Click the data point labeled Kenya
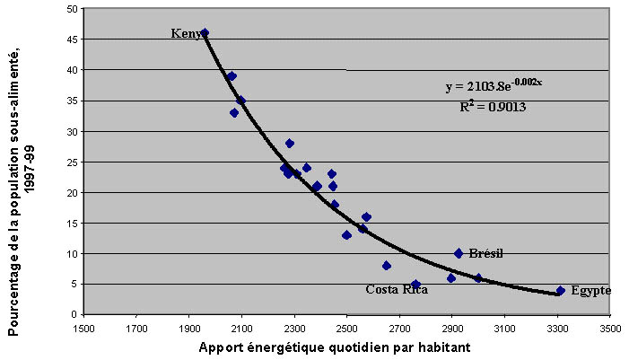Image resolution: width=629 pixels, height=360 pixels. point(205,32)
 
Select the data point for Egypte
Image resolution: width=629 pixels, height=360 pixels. point(561,290)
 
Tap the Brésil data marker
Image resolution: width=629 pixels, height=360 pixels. point(459,253)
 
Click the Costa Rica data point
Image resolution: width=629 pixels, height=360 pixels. point(415,284)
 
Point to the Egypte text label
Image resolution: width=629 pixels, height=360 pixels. point(590,291)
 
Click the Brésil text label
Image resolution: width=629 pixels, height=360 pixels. point(485,254)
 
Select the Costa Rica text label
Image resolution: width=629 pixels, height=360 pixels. point(396,290)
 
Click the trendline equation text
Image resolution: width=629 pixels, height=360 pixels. point(494,86)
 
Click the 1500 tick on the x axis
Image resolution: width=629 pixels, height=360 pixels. point(83,328)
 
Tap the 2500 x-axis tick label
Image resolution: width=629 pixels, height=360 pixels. point(346,328)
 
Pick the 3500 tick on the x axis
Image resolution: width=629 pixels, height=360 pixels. point(610,328)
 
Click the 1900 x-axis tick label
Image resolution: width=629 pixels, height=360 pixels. point(188,328)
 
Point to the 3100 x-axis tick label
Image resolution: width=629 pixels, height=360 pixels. point(504,328)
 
